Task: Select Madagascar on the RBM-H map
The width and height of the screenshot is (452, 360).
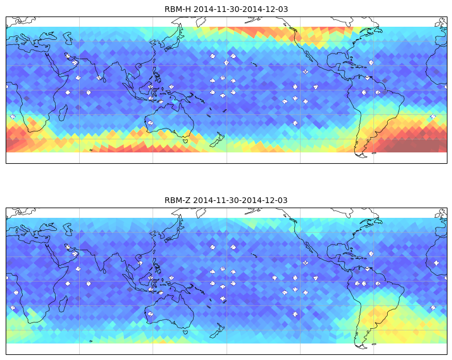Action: click(x=63, y=113)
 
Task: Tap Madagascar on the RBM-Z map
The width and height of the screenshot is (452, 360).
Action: click(x=63, y=304)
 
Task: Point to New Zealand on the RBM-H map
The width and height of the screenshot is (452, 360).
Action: click(x=217, y=139)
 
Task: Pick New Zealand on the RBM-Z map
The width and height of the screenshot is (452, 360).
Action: click(x=217, y=330)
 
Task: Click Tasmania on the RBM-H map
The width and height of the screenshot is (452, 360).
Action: click(x=186, y=140)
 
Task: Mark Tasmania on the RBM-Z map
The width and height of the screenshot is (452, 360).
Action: click(x=186, y=332)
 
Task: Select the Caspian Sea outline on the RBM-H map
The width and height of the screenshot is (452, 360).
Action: click(x=68, y=38)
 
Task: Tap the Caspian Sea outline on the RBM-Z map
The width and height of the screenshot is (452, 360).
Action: click(x=68, y=229)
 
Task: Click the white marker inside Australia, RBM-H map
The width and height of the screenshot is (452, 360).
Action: click(x=150, y=123)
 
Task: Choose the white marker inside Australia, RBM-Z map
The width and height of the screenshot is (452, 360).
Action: click(x=150, y=314)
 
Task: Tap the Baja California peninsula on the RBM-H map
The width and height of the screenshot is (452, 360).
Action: click(x=309, y=56)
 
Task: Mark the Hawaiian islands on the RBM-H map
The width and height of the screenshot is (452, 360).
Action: click(x=254, y=64)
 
